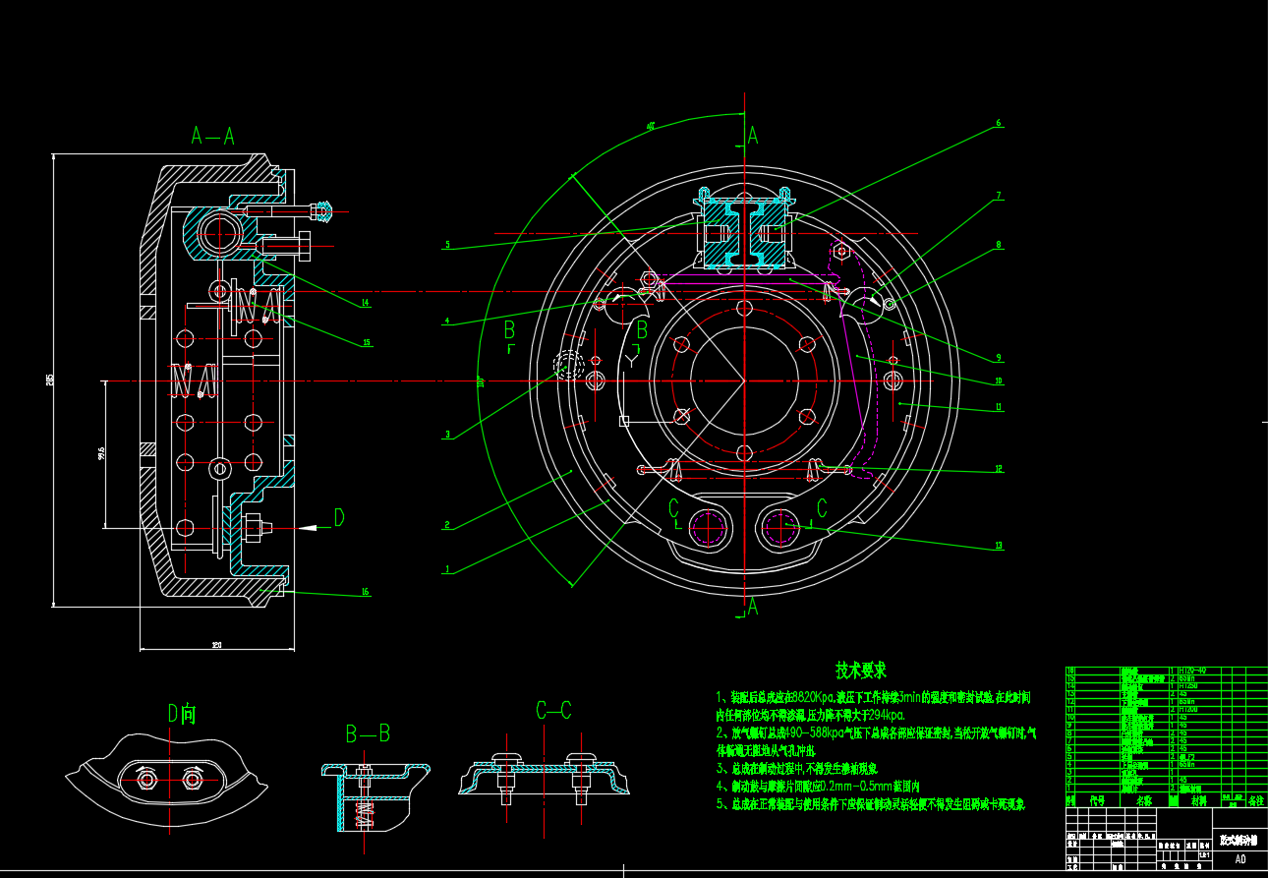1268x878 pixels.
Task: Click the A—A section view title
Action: pyautogui.click(x=212, y=137)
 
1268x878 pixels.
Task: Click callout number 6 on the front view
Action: pyautogui.click(x=999, y=124)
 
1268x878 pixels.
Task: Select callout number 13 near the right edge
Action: pyautogui.click(x=999, y=545)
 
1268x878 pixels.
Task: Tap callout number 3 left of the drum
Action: pyautogui.click(x=447, y=435)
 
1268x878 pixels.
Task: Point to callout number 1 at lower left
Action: pyautogui.click(x=447, y=569)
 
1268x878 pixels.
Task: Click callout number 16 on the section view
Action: pyautogui.click(x=365, y=592)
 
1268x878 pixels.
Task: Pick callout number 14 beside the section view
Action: pyautogui.click(x=365, y=303)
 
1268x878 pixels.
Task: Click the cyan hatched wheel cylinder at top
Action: pyautogui.click(x=744, y=233)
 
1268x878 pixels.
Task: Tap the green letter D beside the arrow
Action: pyautogui.click(x=339, y=518)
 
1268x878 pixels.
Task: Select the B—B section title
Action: pyautogui.click(x=368, y=733)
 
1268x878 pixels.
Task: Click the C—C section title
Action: pyautogui.click(x=553, y=711)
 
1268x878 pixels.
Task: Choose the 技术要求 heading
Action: pyautogui.click(x=860, y=671)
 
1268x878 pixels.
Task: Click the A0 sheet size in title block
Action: pyautogui.click(x=1239, y=858)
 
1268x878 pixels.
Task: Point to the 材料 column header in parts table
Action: pyautogui.click(x=1198, y=801)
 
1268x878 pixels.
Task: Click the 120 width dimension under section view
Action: pyautogui.click(x=216, y=645)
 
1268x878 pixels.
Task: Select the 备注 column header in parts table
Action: pyautogui.click(x=1255, y=801)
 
